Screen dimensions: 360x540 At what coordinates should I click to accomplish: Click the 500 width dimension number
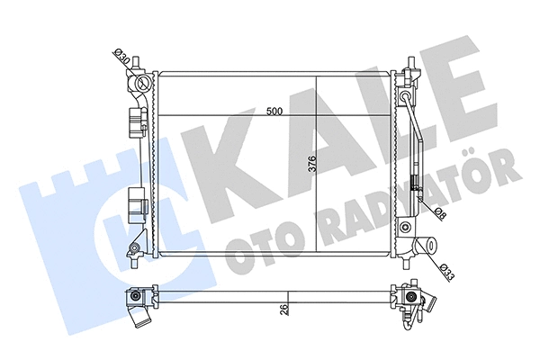(x=275, y=111)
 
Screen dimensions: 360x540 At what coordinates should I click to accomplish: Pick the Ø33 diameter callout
(x=447, y=269)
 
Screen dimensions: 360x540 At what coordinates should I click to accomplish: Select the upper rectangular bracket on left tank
(x=137, y=120)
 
